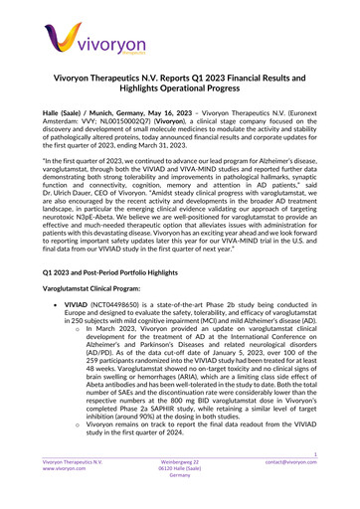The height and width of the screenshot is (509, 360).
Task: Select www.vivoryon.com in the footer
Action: coord(54,496)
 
